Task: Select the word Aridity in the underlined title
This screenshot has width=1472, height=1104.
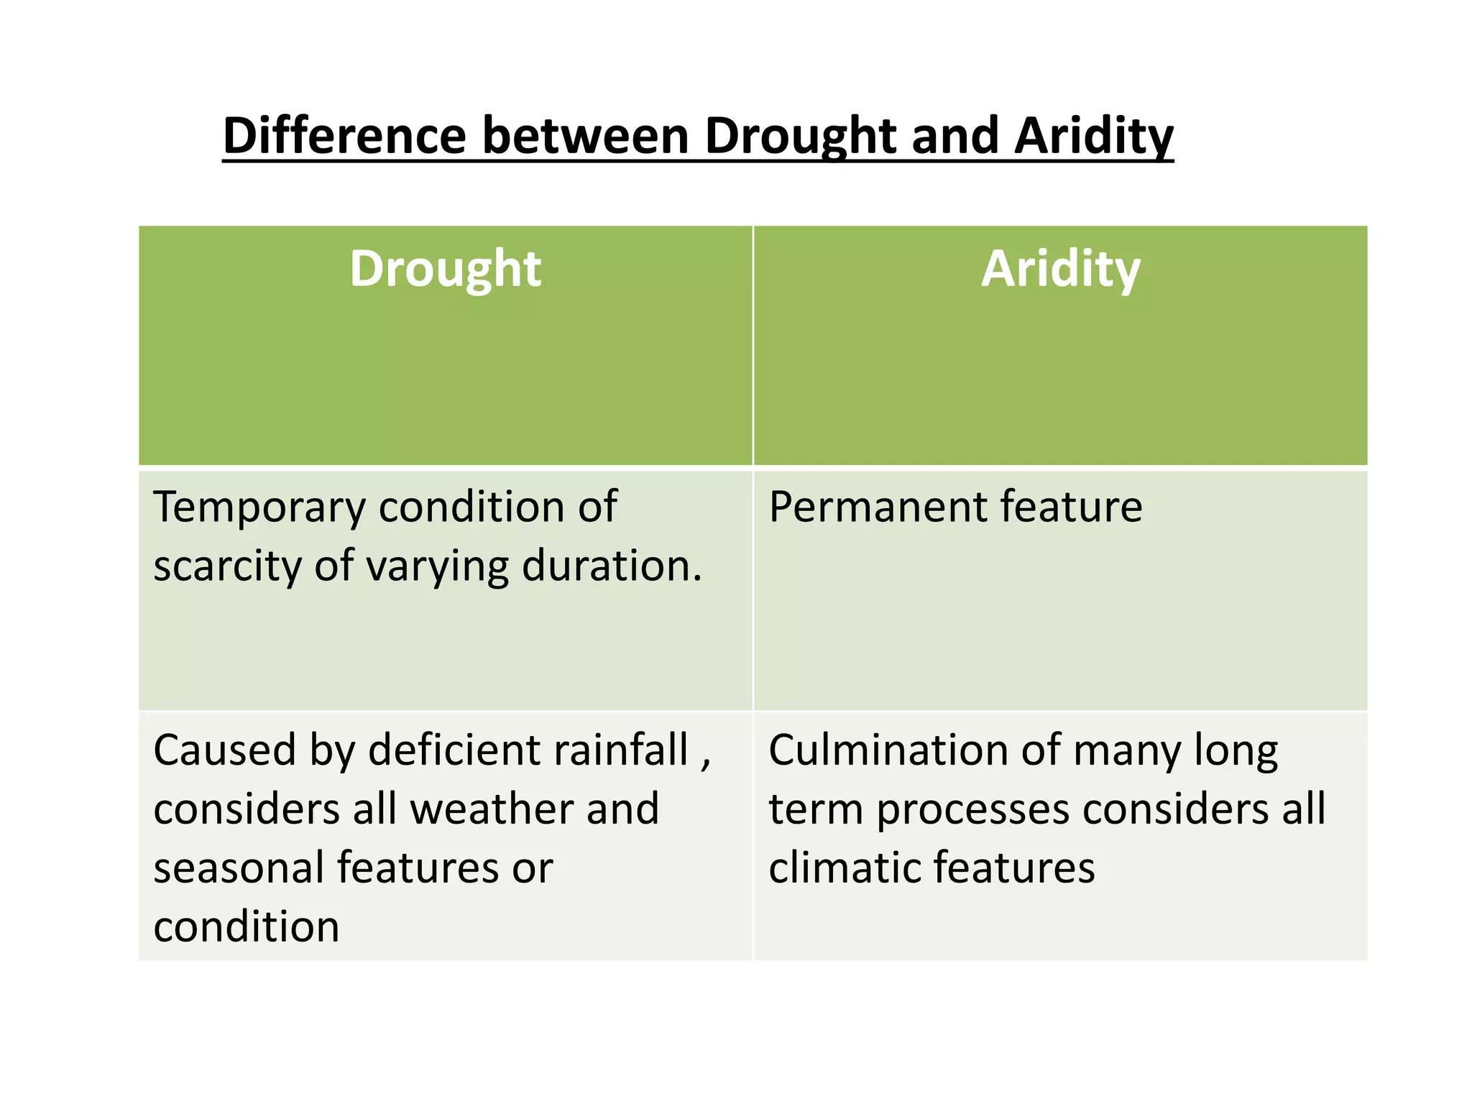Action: [1093, 137]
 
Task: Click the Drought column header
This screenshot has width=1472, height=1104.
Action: [445, 269]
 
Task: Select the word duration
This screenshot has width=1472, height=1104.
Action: [611, 566]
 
